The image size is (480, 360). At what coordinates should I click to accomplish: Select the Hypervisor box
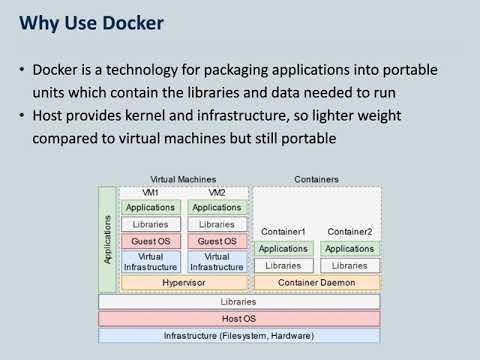[x=183, y=283]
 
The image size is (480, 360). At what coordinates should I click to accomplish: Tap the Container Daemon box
[x=316, y=283]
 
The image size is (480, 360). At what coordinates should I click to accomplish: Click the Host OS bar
[x=238, y=318]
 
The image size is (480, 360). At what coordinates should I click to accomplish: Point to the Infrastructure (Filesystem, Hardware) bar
[x=238, y=335]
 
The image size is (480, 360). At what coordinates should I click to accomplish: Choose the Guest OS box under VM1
[x=150, y=241]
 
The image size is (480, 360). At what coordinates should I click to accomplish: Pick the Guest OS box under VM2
[x=216, y=241]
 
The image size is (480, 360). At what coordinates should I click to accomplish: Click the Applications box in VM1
[x=150, y=207]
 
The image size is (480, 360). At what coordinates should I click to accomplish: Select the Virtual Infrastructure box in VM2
[x=216, y=262]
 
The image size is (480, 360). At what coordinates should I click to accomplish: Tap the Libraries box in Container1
[x=283, y=266]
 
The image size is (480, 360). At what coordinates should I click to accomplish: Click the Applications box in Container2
[x=349, y=249]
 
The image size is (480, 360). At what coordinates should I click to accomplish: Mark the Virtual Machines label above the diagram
[x=183, y=179]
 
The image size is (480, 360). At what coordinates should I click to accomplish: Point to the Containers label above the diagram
[x=316, y=179]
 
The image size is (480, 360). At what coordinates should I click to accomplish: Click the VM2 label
[x=216, y=192]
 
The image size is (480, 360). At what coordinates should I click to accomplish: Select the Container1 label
[x=283, y=232]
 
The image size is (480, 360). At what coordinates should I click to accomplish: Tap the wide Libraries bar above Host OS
[x=238, y=301]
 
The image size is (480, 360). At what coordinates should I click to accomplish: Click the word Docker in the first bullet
[x=58, y=70]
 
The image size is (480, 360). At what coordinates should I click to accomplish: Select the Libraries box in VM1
[x=150, y=224]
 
